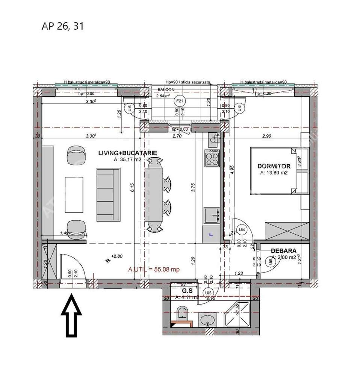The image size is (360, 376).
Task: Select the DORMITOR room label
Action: click(274, 166)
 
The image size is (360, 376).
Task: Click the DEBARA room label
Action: click(284, 251)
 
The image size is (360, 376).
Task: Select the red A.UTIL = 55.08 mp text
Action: click(154, 269)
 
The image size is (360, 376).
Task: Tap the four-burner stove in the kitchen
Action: click(212, 158)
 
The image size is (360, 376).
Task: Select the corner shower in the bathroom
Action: click(237, 315)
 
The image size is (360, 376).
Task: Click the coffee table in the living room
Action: click(74, 194)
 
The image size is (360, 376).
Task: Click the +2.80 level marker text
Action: click(118, 256)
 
